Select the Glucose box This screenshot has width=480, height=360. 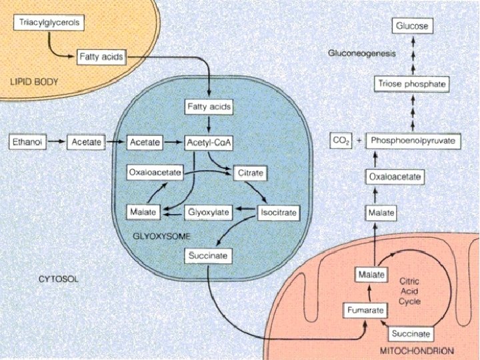pyautogui.click(x=411, y=27)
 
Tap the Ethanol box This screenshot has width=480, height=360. pyautogui.click(x=27, y=142)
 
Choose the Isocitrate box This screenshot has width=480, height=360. pyautogui.click(x=278, y=213)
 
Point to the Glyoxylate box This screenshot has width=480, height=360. pyautogui.click(x=209, y=213)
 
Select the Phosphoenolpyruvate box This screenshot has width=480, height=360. pyautogui.click(x=413, y=141)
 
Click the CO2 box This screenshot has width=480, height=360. pyautogui.click(x=341, y=141)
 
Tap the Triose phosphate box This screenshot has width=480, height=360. pyautogui.click(x=411, y=84)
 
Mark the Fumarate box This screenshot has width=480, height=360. pyautogui.click(x=364, y=311)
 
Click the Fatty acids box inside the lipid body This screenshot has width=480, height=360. pyautogui.click(x=100, y=57)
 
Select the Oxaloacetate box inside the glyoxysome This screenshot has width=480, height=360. pyautogui.click(x=155, y=173)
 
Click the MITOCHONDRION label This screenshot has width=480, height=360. pyautogui.click(x=417, y=350)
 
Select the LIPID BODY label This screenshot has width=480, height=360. pyautogui.click(x=35, y=83)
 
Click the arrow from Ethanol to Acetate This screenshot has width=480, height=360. pyautogui.click(x=57, y=142)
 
